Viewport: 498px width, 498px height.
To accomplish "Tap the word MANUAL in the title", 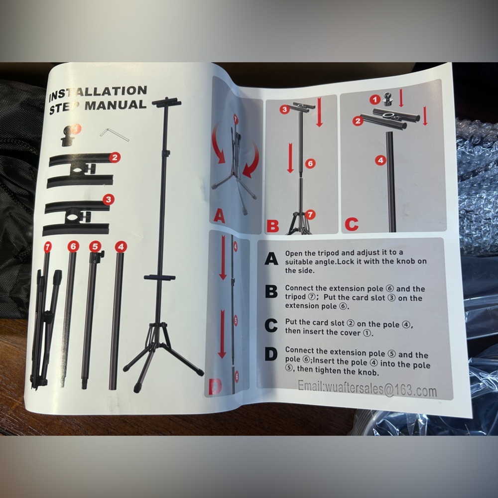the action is pos(116,105).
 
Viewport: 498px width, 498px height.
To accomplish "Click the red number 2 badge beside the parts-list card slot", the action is pos(115,157).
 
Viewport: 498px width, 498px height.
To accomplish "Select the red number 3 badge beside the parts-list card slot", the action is pos(109,200).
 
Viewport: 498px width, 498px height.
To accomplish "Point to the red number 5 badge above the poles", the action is pos(95,247).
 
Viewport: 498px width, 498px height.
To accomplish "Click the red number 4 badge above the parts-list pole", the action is pos(121,247).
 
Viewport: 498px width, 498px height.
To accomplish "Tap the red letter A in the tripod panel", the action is pos(220,216).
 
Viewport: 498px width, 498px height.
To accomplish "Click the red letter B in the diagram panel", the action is pos(273,226).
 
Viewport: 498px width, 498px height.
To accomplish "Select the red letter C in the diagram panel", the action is pos(352,224).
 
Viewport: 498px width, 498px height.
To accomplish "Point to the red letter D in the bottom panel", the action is pos(215,387).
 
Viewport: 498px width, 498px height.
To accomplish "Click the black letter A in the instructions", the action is pos(271,259).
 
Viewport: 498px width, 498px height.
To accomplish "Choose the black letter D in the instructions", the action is pos(271,354).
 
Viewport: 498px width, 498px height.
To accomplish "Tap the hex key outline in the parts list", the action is pos(115,134).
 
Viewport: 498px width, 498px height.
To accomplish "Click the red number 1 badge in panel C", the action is pos(375,100).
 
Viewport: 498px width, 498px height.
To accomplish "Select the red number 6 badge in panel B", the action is pos(310,163).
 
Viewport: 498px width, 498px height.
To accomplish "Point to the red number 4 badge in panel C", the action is pos(380,160).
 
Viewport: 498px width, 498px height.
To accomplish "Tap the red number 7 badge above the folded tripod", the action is pos(47,247).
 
